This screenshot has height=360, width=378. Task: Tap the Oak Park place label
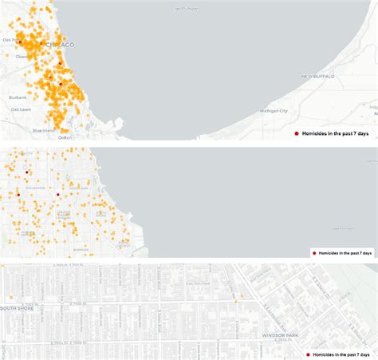click(11, 39)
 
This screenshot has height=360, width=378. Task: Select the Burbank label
click(18, 97)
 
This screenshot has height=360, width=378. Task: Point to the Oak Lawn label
click(20, 109)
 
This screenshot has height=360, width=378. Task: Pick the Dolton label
click(65, 137)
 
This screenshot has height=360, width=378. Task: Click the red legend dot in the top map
click(297, 133)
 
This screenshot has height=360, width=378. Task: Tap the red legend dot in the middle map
click(314, 251)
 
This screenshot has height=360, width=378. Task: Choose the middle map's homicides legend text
click(345, 251)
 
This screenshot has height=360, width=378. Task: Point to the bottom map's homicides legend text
click(342, 354)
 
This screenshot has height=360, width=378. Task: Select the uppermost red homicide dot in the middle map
click(26, 172)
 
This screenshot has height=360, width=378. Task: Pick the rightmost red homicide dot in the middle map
click(57, 194)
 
